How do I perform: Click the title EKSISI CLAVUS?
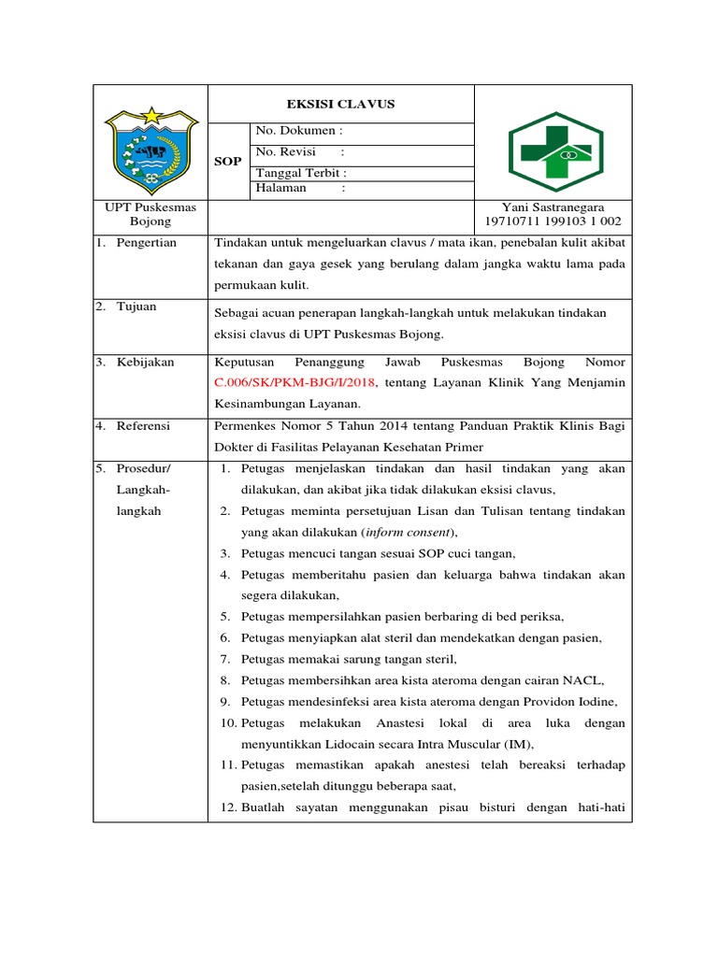(340, 104)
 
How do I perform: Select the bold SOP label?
(229, 162)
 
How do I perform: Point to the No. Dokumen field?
(299, 132)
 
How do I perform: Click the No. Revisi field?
(299, 152)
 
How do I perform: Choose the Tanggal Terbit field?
(301, 174)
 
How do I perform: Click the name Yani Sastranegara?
(553, 207)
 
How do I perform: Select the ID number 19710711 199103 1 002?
(553, 222)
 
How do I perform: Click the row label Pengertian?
(146, 243)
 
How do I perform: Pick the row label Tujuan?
(136, 307)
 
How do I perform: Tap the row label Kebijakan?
(145, 362)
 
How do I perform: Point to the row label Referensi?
(143, 426)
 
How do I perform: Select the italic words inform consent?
(407, 532)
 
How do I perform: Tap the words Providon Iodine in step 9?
(574, 702)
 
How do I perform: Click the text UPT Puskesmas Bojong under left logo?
(151, 215)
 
